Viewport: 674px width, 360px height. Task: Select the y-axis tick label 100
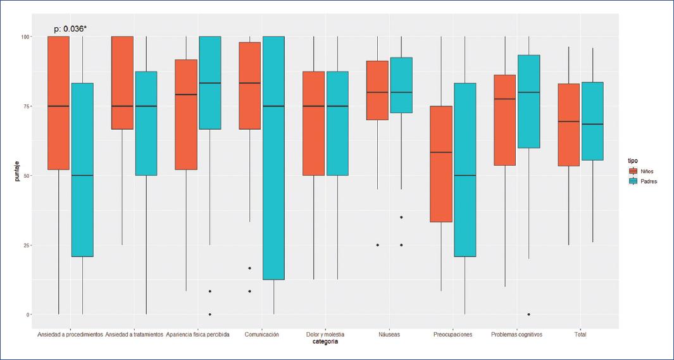(x=25, y=37)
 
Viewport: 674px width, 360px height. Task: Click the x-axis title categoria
(x=325, y=342)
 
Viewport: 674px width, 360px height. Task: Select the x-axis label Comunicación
(x=261, y=334)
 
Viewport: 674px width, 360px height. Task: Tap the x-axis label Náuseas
(x=389, y=334)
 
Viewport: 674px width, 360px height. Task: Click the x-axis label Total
(x=580, y=334)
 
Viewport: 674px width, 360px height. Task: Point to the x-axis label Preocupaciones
(x=453, y=334)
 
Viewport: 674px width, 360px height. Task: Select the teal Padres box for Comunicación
(x=273, y=158)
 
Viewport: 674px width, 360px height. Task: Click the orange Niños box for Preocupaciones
(x=440, y=164)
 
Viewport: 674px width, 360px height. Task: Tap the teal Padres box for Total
(x=592, y=121)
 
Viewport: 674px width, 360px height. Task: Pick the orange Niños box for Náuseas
(x=378, y=90)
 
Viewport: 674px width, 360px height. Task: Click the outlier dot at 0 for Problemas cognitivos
(x=528, y=314)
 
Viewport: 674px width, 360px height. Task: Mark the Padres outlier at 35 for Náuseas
(x=401, y=217)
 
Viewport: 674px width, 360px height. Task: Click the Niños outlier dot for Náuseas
(x=378, y=245)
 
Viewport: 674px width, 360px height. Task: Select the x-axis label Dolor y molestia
(x=325, y=334)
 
